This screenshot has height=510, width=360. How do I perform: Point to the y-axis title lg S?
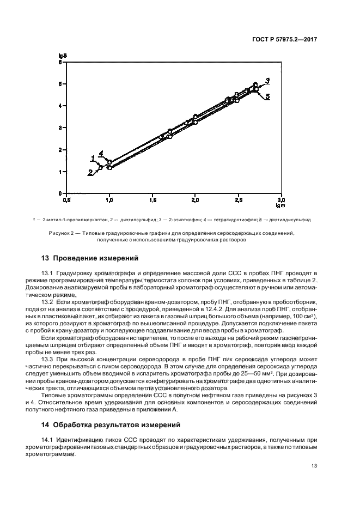62,56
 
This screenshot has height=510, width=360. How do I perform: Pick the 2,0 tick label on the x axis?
195,201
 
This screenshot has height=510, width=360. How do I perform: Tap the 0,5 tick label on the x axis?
66,201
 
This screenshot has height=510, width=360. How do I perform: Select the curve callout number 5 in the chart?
267,96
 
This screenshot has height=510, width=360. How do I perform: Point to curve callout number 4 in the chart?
100,154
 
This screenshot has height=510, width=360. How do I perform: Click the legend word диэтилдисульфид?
291,220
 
